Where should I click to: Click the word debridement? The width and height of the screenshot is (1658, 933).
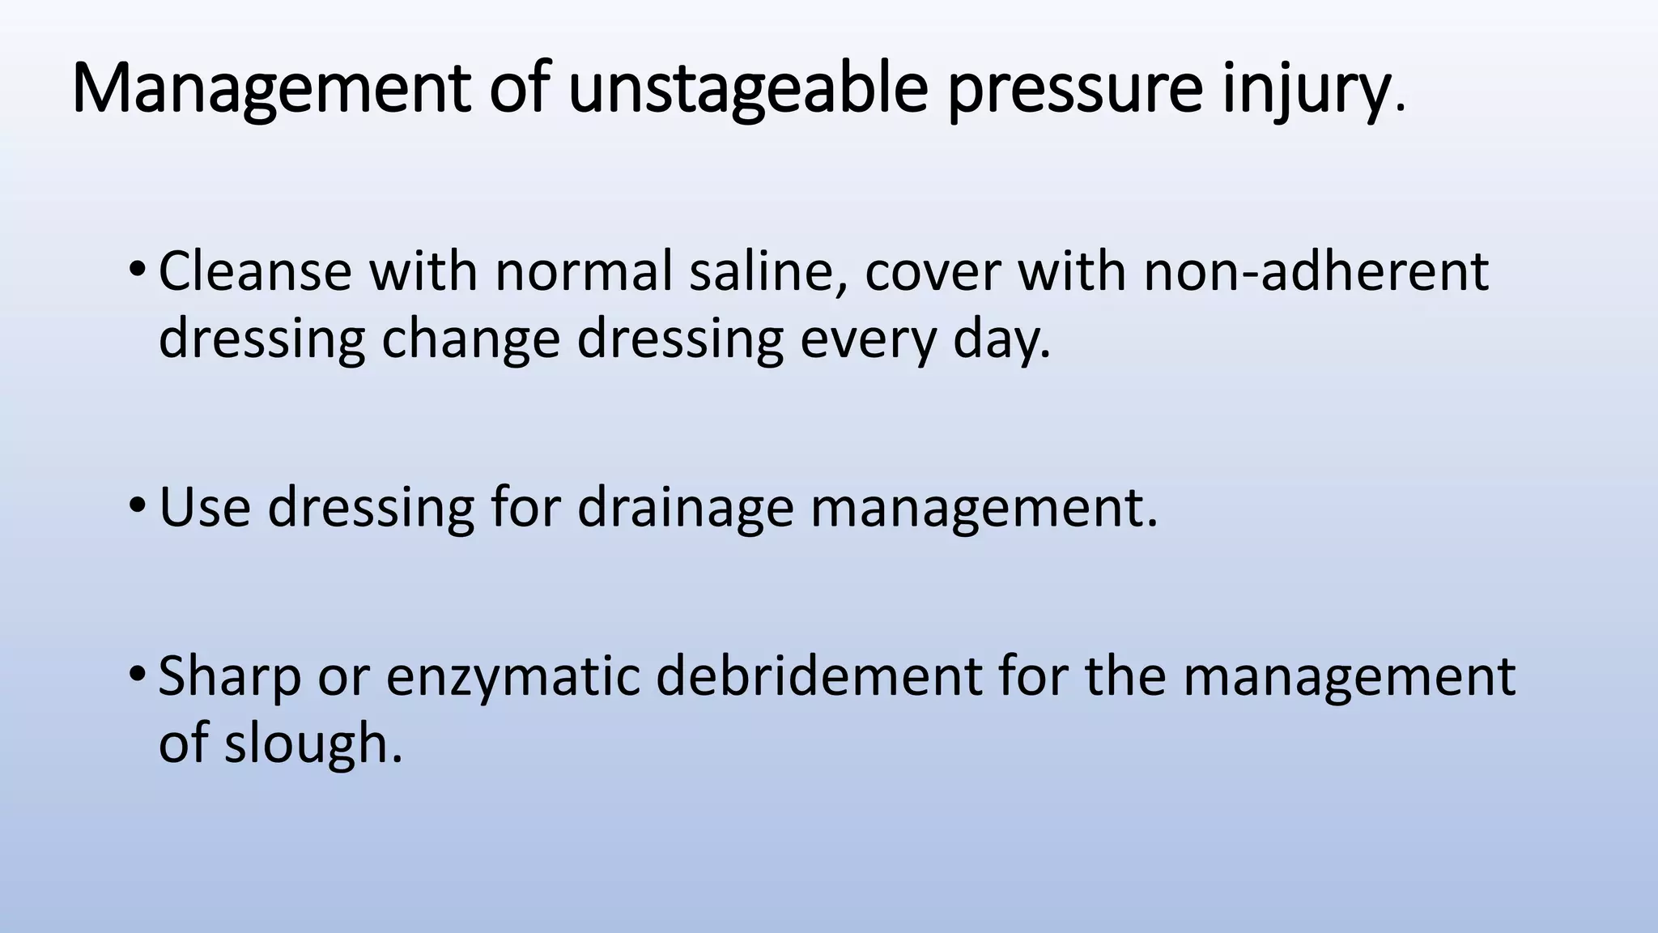pyautogui.click(x=818, y=676)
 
